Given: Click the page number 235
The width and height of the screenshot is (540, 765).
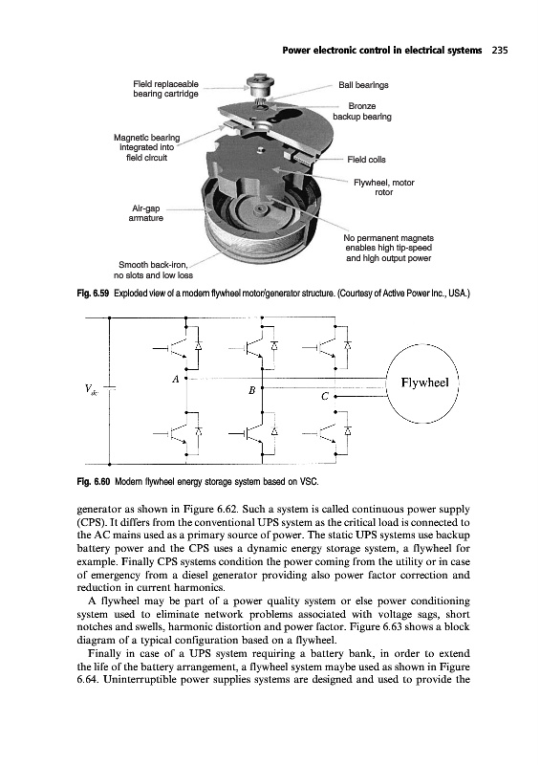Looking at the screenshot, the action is coord(500,50).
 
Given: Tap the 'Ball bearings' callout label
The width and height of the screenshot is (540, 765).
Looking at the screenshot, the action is coord(363,85).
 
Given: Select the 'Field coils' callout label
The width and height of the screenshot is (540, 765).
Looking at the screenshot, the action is coord(366,160).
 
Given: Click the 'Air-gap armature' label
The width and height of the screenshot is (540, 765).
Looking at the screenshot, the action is coord(145,213).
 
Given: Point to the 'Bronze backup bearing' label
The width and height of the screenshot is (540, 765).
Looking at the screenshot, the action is coord(362,111).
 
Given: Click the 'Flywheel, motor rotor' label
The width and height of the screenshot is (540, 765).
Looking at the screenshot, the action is coord(383,187).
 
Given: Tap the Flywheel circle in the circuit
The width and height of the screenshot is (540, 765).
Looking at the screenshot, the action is coord(423,383).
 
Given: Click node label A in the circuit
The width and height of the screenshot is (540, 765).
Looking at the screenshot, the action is coord(176,379).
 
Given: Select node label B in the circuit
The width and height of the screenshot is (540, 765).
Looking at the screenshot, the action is coord(251,390).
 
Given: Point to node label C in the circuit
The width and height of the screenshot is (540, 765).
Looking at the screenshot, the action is coord(324,397).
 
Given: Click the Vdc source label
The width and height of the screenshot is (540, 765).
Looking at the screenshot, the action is coord(91,389).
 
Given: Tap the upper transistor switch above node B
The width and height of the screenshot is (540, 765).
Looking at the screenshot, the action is coord(254,347).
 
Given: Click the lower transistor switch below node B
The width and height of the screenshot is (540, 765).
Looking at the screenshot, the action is coord(254,433).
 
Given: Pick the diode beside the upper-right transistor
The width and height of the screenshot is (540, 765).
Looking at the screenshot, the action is coord(347,345).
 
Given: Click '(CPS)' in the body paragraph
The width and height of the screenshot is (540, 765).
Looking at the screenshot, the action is coord(91,522).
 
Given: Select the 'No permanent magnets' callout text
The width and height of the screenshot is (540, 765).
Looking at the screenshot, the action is coord(388,238).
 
